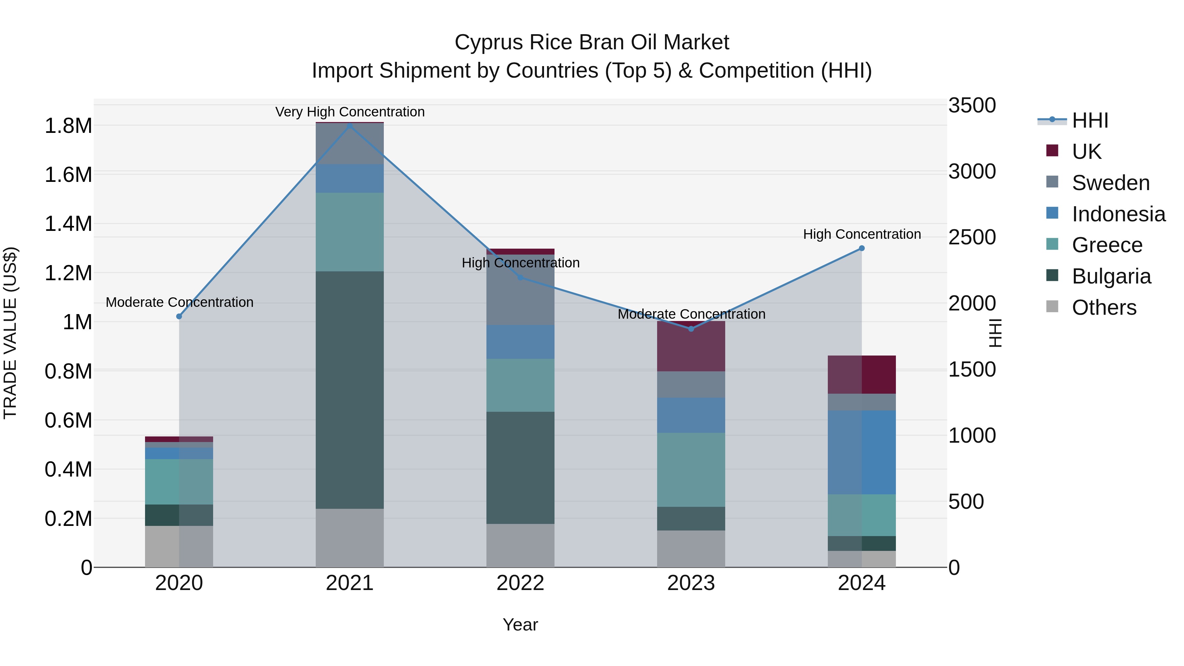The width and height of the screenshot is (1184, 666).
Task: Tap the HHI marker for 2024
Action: (862, 248)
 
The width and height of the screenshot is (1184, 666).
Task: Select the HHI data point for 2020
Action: (179, 316)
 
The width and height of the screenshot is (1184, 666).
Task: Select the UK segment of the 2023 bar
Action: (691, 347)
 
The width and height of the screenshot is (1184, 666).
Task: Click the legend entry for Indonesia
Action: (1118, 214)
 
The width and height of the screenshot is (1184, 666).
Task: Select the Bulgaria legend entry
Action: (1111, 276)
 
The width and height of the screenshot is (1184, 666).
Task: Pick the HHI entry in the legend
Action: (1090, 120)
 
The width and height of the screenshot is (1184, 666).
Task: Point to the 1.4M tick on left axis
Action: (68, 224)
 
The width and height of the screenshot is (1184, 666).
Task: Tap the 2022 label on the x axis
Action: (520, 583)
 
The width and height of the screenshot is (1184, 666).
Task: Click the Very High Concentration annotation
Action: (350, 112)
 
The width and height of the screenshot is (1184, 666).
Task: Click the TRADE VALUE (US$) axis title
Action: (10, 333)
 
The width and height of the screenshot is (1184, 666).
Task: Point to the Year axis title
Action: (520, 625)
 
